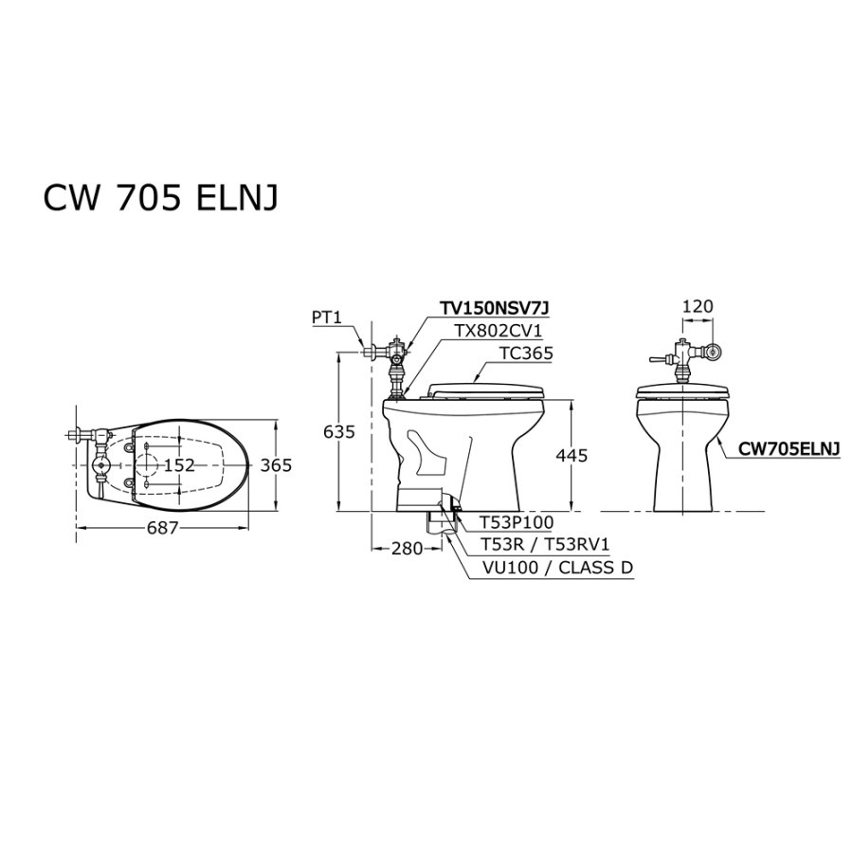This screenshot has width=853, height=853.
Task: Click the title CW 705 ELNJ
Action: (160, 197)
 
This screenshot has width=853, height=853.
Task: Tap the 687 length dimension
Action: (163, 528)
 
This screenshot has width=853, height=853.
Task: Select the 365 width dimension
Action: (276, 465)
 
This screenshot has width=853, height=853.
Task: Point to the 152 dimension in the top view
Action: (179, 465)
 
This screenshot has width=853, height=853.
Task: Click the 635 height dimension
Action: (339, 431)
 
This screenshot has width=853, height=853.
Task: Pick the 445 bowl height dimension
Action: (572, 455)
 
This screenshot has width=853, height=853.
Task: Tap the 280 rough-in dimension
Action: (407, 549)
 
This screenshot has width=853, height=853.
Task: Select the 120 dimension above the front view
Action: (698, 306)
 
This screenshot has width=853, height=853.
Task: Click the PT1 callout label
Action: (326, 318)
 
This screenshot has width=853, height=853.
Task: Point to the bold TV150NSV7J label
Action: (495, 308)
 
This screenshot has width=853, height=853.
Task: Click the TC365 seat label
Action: (526, 354)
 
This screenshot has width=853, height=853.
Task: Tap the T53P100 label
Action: (517, 522)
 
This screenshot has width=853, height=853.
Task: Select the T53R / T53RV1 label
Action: (545, 545)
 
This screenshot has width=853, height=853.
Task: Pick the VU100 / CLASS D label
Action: (557, 568)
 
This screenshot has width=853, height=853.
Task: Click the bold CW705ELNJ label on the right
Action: (789, 448)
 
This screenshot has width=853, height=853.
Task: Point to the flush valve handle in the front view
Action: (660, 359)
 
